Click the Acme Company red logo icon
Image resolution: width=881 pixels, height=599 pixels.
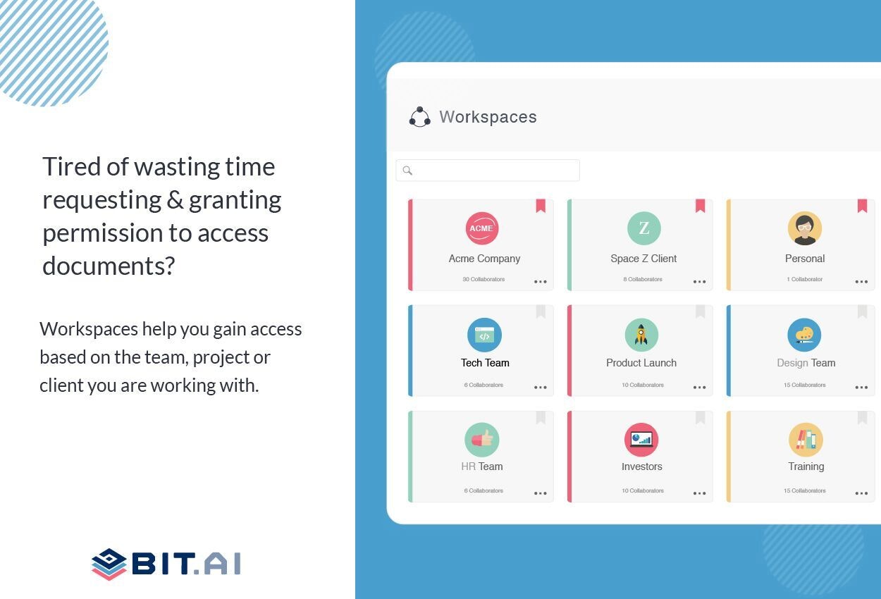pos(482,228)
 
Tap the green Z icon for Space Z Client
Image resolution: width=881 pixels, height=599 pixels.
pos(643,228)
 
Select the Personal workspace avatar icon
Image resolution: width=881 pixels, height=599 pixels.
pos(804,228)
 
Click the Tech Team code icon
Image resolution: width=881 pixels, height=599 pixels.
pos(484,335)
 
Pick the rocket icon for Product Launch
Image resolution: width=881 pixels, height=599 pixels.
pos(641,335)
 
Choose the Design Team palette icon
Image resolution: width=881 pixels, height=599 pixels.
pos(804,335)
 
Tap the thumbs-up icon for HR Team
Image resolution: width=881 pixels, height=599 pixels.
pos(482,440)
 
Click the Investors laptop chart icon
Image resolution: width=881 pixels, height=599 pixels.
pos(641,440)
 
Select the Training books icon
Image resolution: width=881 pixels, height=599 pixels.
pos(806,440)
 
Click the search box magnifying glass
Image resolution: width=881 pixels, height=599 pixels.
pos(407,171)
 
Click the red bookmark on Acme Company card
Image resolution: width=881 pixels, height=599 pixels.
pos(541,206)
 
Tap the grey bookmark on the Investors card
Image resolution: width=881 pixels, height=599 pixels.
pos(701,418)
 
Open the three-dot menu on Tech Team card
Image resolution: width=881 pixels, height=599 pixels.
pos(541,388)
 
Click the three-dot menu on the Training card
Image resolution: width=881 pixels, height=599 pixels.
pos(861,493)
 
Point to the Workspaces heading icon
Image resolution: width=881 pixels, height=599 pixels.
pos(419,117)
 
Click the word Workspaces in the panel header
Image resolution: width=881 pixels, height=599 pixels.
pos(488,117)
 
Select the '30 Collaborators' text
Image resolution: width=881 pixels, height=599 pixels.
pos(483,280)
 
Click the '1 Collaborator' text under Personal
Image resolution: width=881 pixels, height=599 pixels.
pos(804,280)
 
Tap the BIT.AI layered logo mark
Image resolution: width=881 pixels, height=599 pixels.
pos(109,564)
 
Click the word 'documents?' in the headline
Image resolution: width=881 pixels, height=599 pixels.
pos(109,266)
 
